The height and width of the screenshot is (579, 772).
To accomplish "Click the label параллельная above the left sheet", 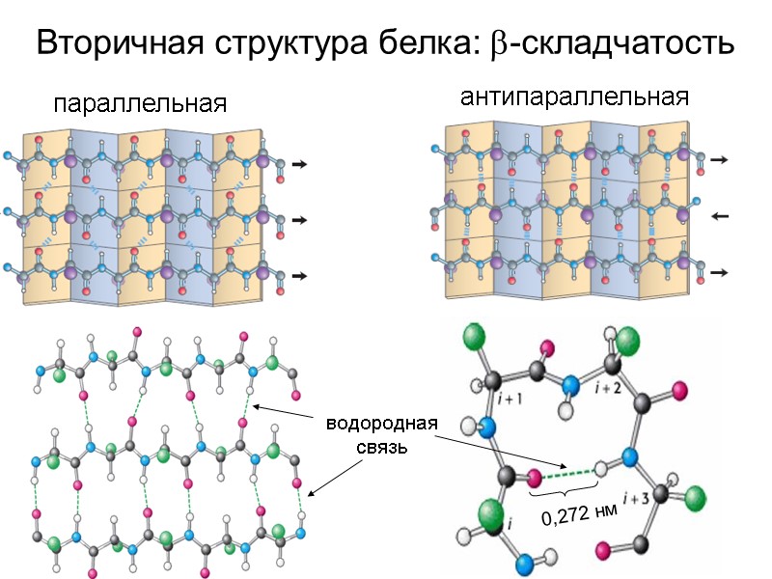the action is (x=140, y=104).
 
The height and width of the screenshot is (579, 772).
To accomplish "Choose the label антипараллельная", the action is (x=575, y=97).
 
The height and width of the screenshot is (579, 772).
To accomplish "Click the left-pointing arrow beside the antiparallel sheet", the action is (x=719, y=216).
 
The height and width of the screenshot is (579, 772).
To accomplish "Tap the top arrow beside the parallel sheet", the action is (x=299, y=165).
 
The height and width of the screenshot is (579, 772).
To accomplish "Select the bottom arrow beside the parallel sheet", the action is (x=299, y=276).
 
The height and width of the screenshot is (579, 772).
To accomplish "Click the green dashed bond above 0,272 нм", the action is (x=569, y=473).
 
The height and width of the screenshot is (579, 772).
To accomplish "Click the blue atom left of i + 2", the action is (x=571, y=385).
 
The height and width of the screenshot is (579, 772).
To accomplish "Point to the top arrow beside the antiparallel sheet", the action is (x=719, y=159).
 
